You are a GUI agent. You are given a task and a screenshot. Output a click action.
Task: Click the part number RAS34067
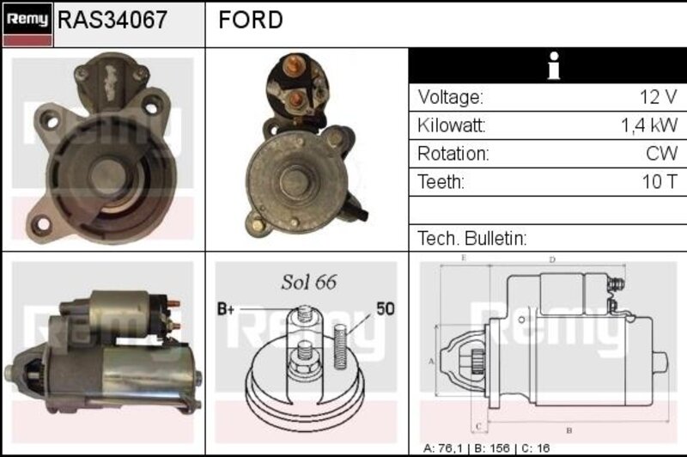pos(112,20)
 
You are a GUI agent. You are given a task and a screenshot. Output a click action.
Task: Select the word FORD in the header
pos(251,20)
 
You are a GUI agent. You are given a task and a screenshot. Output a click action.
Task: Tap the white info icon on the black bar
pos(554,66)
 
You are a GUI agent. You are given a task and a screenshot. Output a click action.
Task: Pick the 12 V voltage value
pos(659,97)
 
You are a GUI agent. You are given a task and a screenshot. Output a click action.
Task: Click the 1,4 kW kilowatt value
pos(649,125)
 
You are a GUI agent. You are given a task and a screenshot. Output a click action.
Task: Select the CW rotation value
pos(661,154)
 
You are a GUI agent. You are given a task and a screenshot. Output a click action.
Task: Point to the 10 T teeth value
pos(660,181)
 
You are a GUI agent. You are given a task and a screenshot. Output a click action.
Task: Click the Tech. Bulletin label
pos(471,238)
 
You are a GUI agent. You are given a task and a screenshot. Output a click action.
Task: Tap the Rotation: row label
pos(453,154)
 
